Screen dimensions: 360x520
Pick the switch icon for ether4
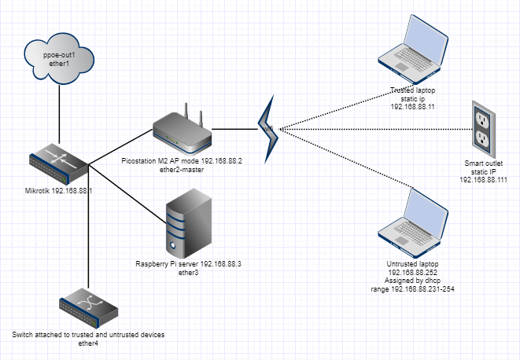88,307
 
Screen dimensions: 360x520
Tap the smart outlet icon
482,128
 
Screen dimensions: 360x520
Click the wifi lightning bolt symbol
267,126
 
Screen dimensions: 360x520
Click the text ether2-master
182,170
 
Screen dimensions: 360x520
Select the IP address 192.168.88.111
482,179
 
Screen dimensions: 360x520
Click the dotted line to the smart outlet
378,128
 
